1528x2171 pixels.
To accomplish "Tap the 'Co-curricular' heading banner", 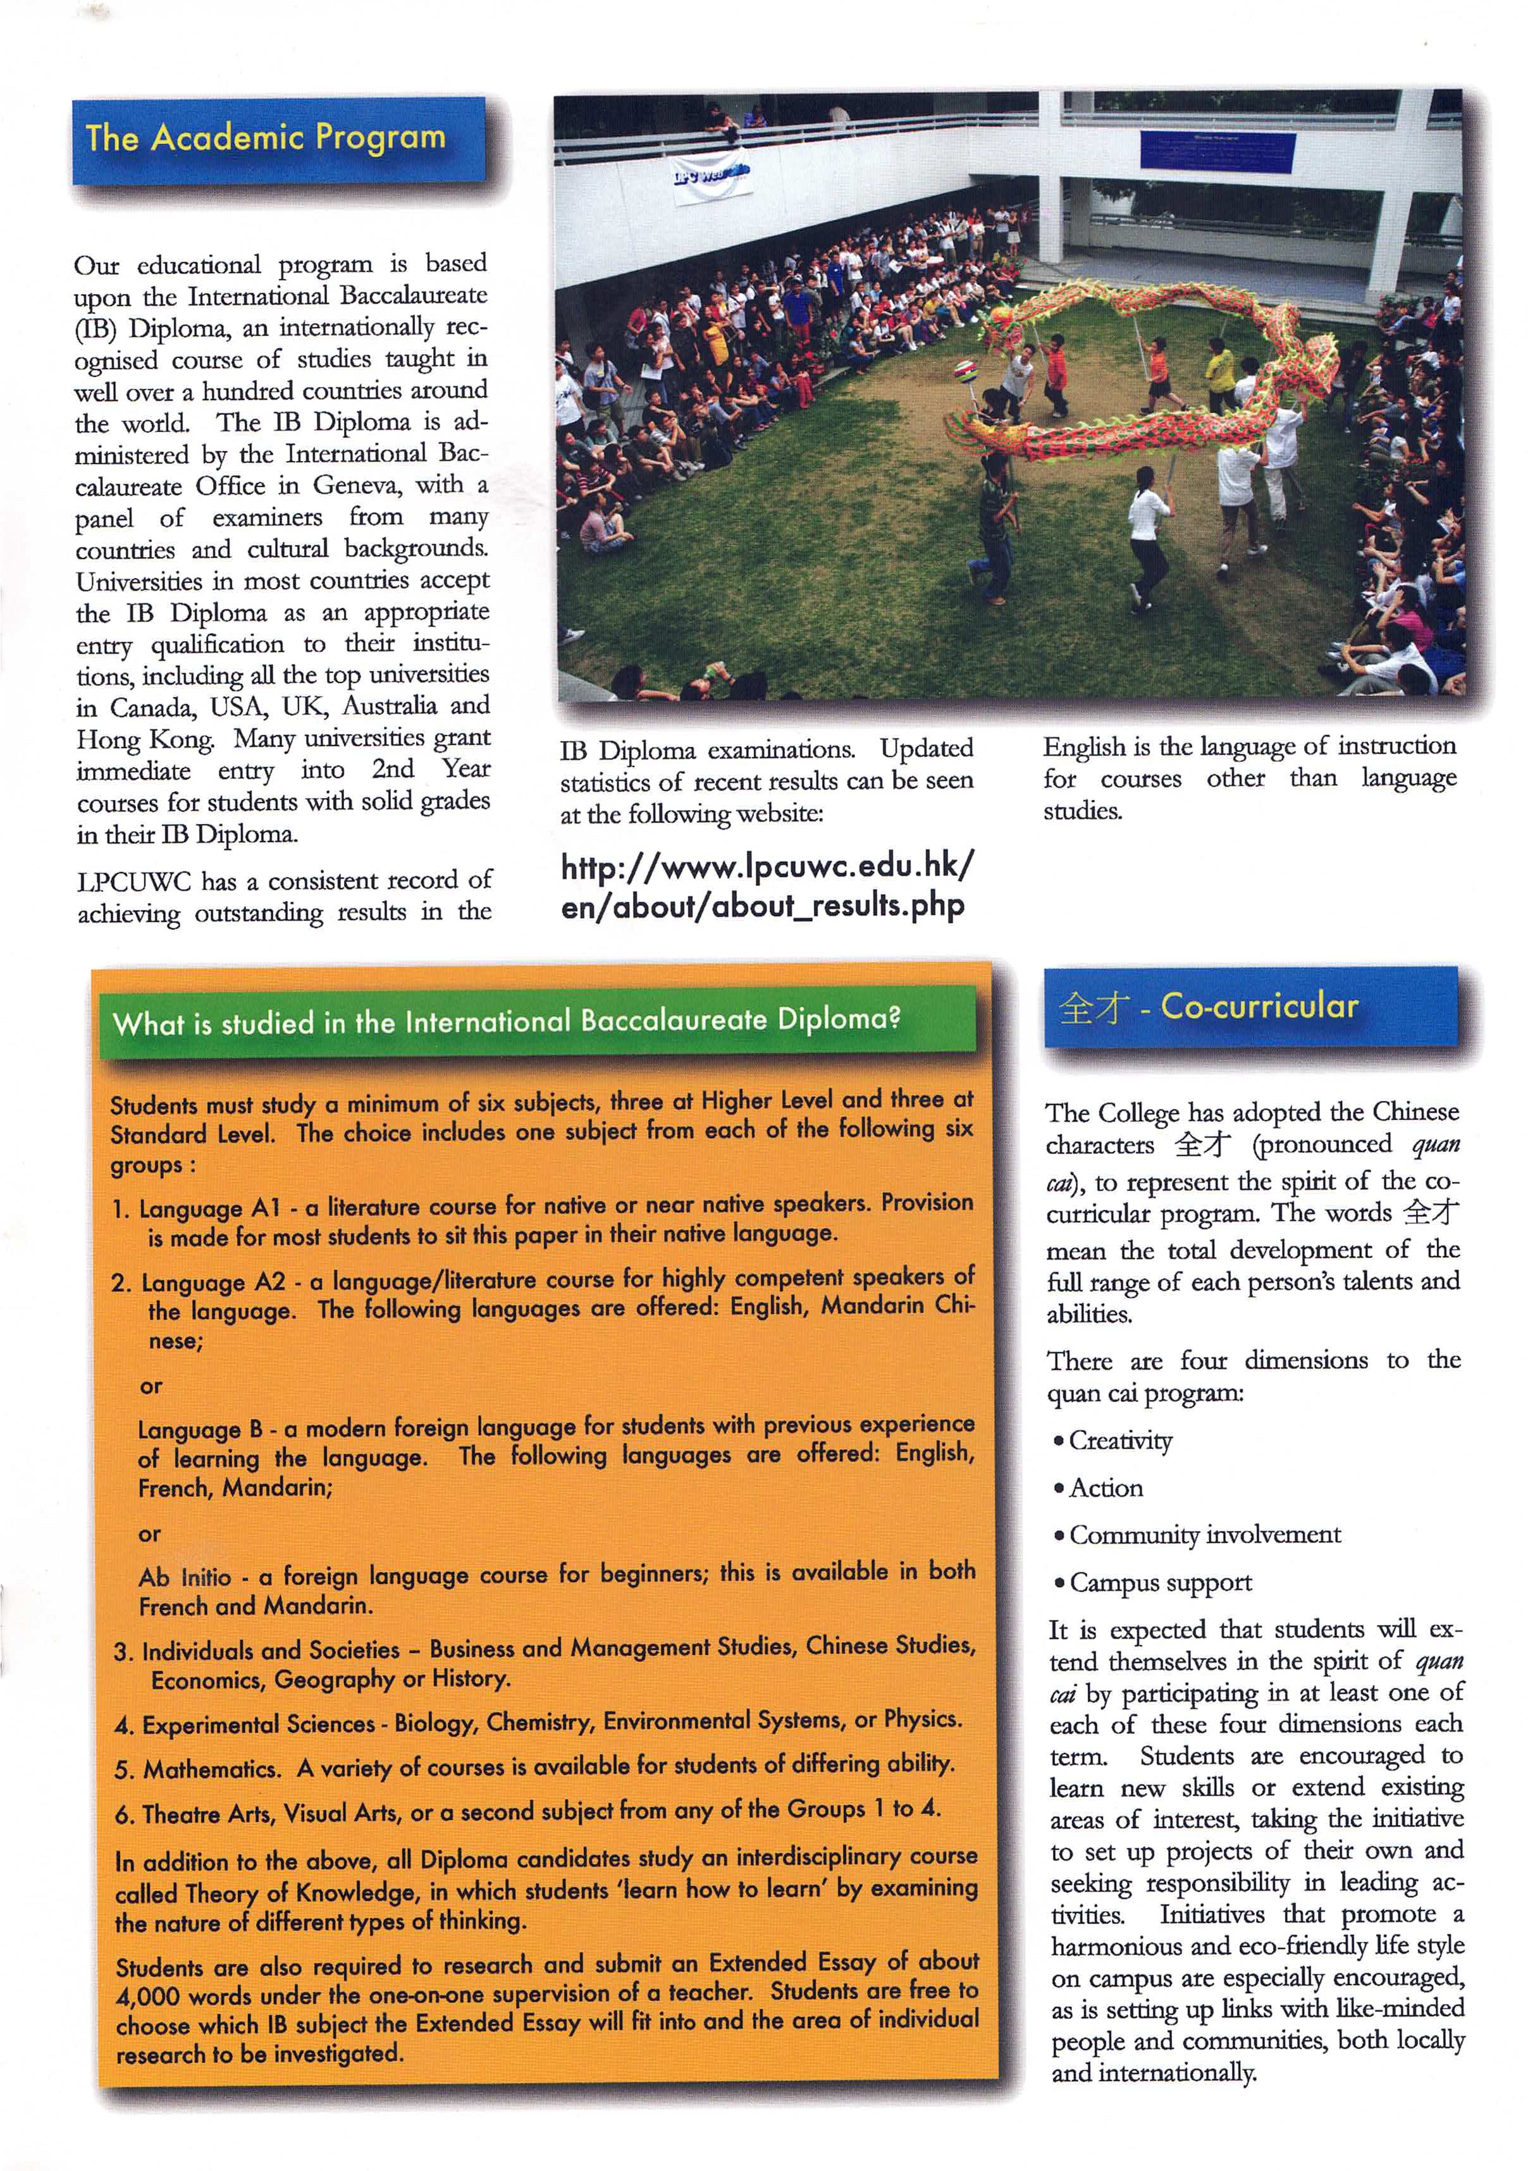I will point(1249,1006).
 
